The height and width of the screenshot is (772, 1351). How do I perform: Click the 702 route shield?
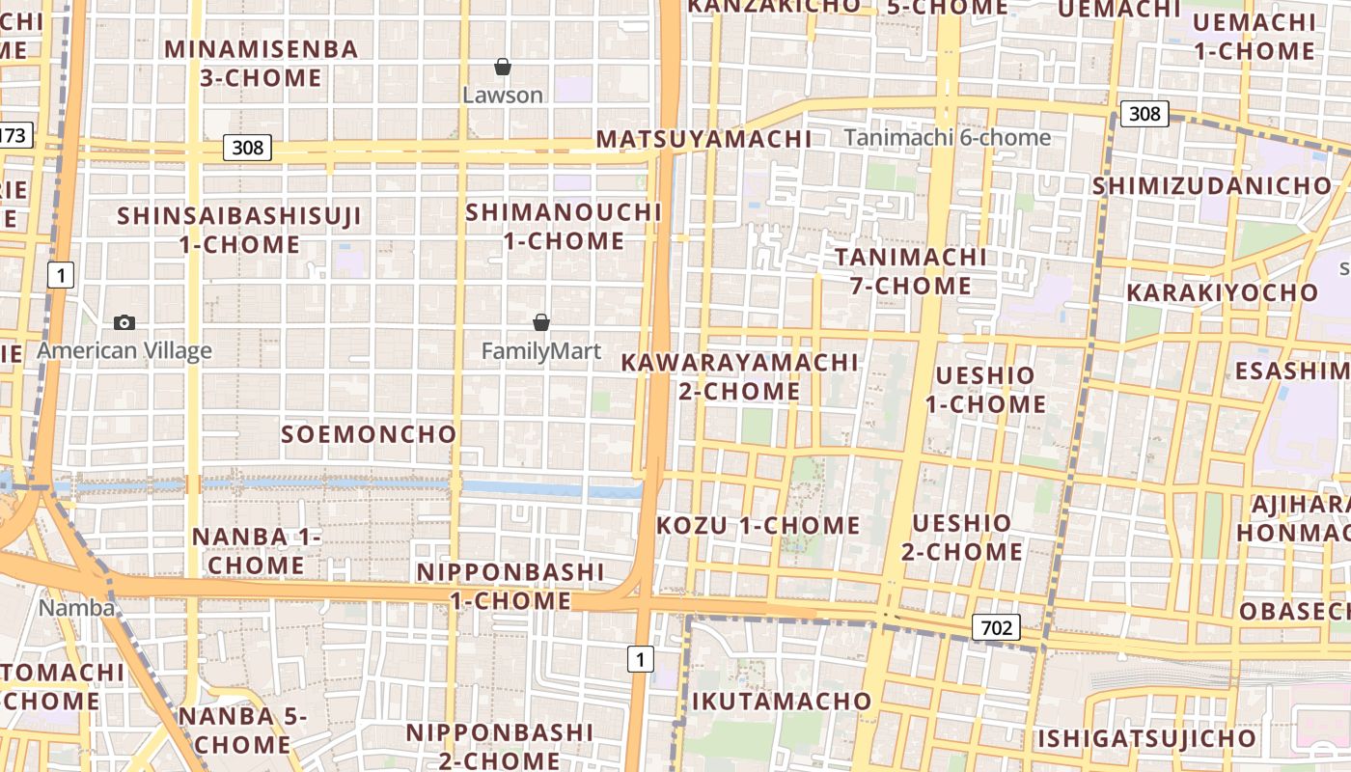click(x=996, y=628)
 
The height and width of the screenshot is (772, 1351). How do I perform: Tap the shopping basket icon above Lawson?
click(x=502, y=67)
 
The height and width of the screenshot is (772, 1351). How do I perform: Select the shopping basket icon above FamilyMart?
click(x=541, y=322)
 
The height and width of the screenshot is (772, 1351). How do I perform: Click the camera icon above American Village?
click(x=124, y=322)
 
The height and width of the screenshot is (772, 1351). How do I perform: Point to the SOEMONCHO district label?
click(x=369, y=434)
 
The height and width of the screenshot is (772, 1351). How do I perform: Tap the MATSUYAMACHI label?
click(x=703, y=139)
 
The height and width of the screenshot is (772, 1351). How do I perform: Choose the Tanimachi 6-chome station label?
click(x=947, y=138)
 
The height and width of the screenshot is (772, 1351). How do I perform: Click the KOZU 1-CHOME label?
click(x=758, y=526)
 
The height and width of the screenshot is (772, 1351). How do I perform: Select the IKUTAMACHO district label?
click(x=782, y=701)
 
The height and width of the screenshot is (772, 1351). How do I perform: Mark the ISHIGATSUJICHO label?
click(x=1146, y=739)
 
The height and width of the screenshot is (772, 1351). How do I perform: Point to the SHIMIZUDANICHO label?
click(x=1211, y=185)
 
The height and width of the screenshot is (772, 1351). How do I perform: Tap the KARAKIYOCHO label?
click(x=1222, y=292)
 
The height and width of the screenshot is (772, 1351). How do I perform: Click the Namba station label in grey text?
click(x=76, y=608)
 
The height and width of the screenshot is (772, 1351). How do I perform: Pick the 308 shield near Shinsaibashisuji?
click(x=247, y=148)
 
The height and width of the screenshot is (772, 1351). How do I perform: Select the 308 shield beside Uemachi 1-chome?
click(x=1144, y=114)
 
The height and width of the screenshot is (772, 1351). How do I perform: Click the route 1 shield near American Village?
click(x=61, y=275)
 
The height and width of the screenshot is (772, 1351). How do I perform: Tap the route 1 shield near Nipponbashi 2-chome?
click(x=640, y=660)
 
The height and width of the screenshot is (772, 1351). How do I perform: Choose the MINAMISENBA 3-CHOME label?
click(x=261, y=64)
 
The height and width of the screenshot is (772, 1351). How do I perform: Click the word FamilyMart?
click(x=540, y=351)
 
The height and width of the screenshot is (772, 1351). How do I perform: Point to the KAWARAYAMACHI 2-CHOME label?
click(x=739, y=376)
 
